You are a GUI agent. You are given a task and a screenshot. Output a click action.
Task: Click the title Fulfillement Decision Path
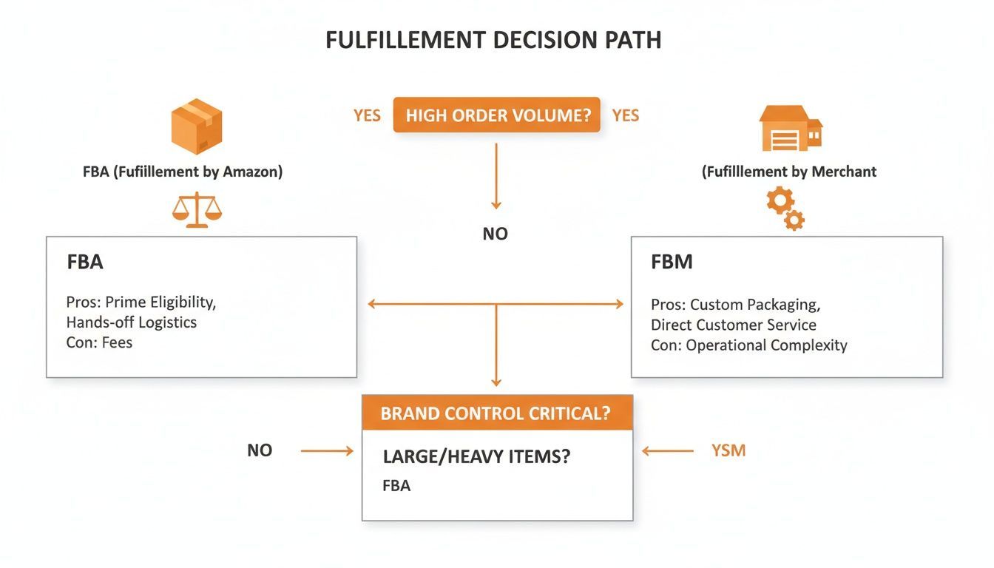493,40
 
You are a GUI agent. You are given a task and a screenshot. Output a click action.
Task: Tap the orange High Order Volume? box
496,115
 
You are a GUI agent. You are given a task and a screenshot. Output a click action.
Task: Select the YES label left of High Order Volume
367,115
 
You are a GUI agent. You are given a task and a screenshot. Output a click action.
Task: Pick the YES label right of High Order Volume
626,115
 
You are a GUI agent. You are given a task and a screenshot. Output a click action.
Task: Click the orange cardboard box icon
196,126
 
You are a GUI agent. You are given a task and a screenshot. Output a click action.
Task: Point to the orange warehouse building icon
790,127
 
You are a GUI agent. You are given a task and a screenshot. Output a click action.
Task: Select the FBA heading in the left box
84,262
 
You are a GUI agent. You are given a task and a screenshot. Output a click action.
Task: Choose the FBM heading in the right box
672,262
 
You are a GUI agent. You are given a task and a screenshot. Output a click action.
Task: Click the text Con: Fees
99,342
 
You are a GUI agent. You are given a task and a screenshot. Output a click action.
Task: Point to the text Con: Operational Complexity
748,345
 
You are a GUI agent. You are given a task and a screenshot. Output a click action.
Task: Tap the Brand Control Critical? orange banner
496,413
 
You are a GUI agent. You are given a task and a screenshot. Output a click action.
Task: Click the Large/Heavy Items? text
476,456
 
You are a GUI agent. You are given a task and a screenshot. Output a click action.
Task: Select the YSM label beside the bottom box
728,450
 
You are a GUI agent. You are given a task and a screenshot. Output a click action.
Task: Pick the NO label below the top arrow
496,234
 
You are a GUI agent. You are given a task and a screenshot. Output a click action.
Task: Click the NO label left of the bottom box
260,450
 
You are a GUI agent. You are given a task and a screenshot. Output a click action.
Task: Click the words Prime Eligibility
160,302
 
